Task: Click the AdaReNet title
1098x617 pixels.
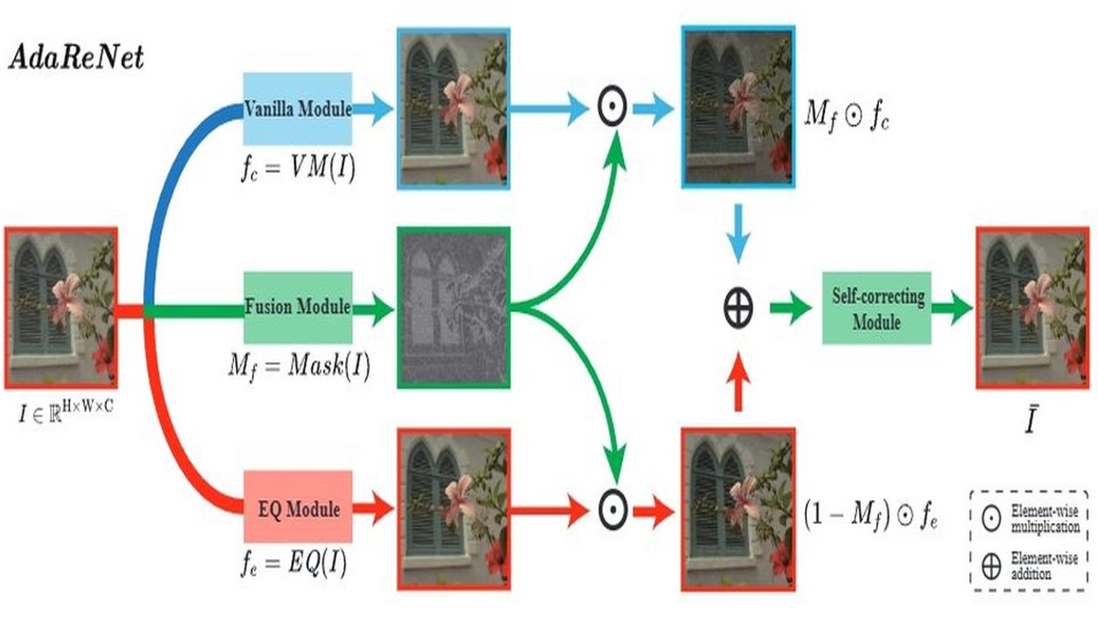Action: pos(76,58)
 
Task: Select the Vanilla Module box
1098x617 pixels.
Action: pos(297,109)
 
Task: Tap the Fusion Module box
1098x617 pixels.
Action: pos(297,307)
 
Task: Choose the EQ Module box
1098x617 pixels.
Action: pos(298,507)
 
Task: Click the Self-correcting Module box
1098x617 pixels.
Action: pos(877,308)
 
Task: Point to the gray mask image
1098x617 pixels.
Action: pos(453,307)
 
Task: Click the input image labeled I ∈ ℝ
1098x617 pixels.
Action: pos(61,307)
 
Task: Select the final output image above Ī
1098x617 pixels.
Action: pos(1032,308)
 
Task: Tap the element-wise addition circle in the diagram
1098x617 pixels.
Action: pos(738,308)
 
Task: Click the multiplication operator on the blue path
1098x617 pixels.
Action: pos(612,107)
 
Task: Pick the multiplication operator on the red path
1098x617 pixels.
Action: pos(612,509)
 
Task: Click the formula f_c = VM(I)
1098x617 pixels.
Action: pos(298,168)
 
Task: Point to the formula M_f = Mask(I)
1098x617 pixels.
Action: pos(299,366)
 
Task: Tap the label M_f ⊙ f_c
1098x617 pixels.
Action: pos(847,115)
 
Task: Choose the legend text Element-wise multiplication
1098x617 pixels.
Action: pos(1045,518)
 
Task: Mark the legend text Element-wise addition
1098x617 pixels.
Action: pos(1044,565)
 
